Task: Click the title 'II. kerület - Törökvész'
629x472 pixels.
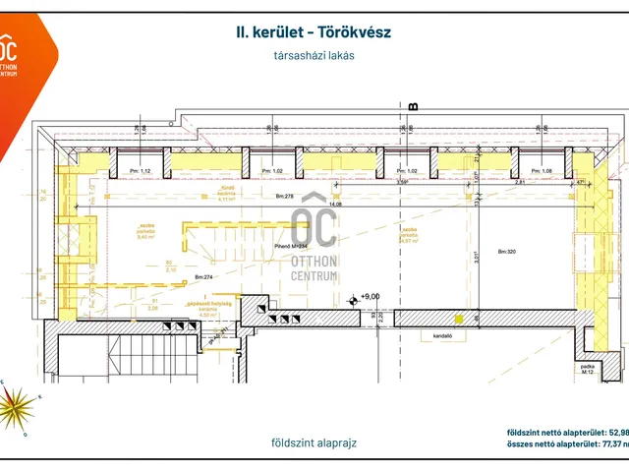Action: pos(314,32)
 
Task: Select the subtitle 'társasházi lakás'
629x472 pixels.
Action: pos(314,56)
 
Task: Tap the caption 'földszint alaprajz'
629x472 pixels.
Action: pos(314,442)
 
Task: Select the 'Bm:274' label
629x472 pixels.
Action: pos(204,278)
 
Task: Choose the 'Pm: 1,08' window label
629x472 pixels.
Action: pos(543,171)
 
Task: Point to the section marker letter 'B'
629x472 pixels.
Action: pos(413,105)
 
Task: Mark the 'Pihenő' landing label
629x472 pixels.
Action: pos(288,245)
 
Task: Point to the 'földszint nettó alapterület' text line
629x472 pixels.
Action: pos(567,432)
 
